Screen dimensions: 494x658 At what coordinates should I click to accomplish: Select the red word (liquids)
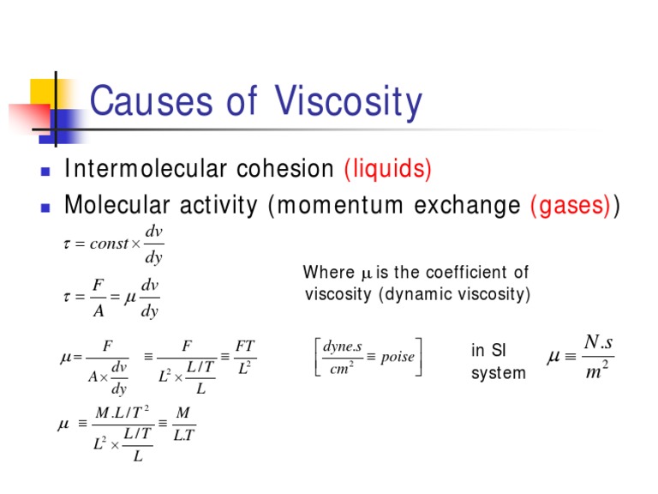(x=387, y=169)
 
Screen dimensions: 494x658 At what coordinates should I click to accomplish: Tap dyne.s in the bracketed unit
(x=343, y=347)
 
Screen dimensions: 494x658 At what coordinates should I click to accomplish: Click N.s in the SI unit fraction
(x=598, y=342)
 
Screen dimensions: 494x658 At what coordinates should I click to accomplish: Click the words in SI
(x=489, y=351)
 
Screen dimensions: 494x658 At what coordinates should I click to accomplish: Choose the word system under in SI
(x=499, y=373)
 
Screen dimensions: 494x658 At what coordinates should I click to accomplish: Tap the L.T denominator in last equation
(x=182, y=436)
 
